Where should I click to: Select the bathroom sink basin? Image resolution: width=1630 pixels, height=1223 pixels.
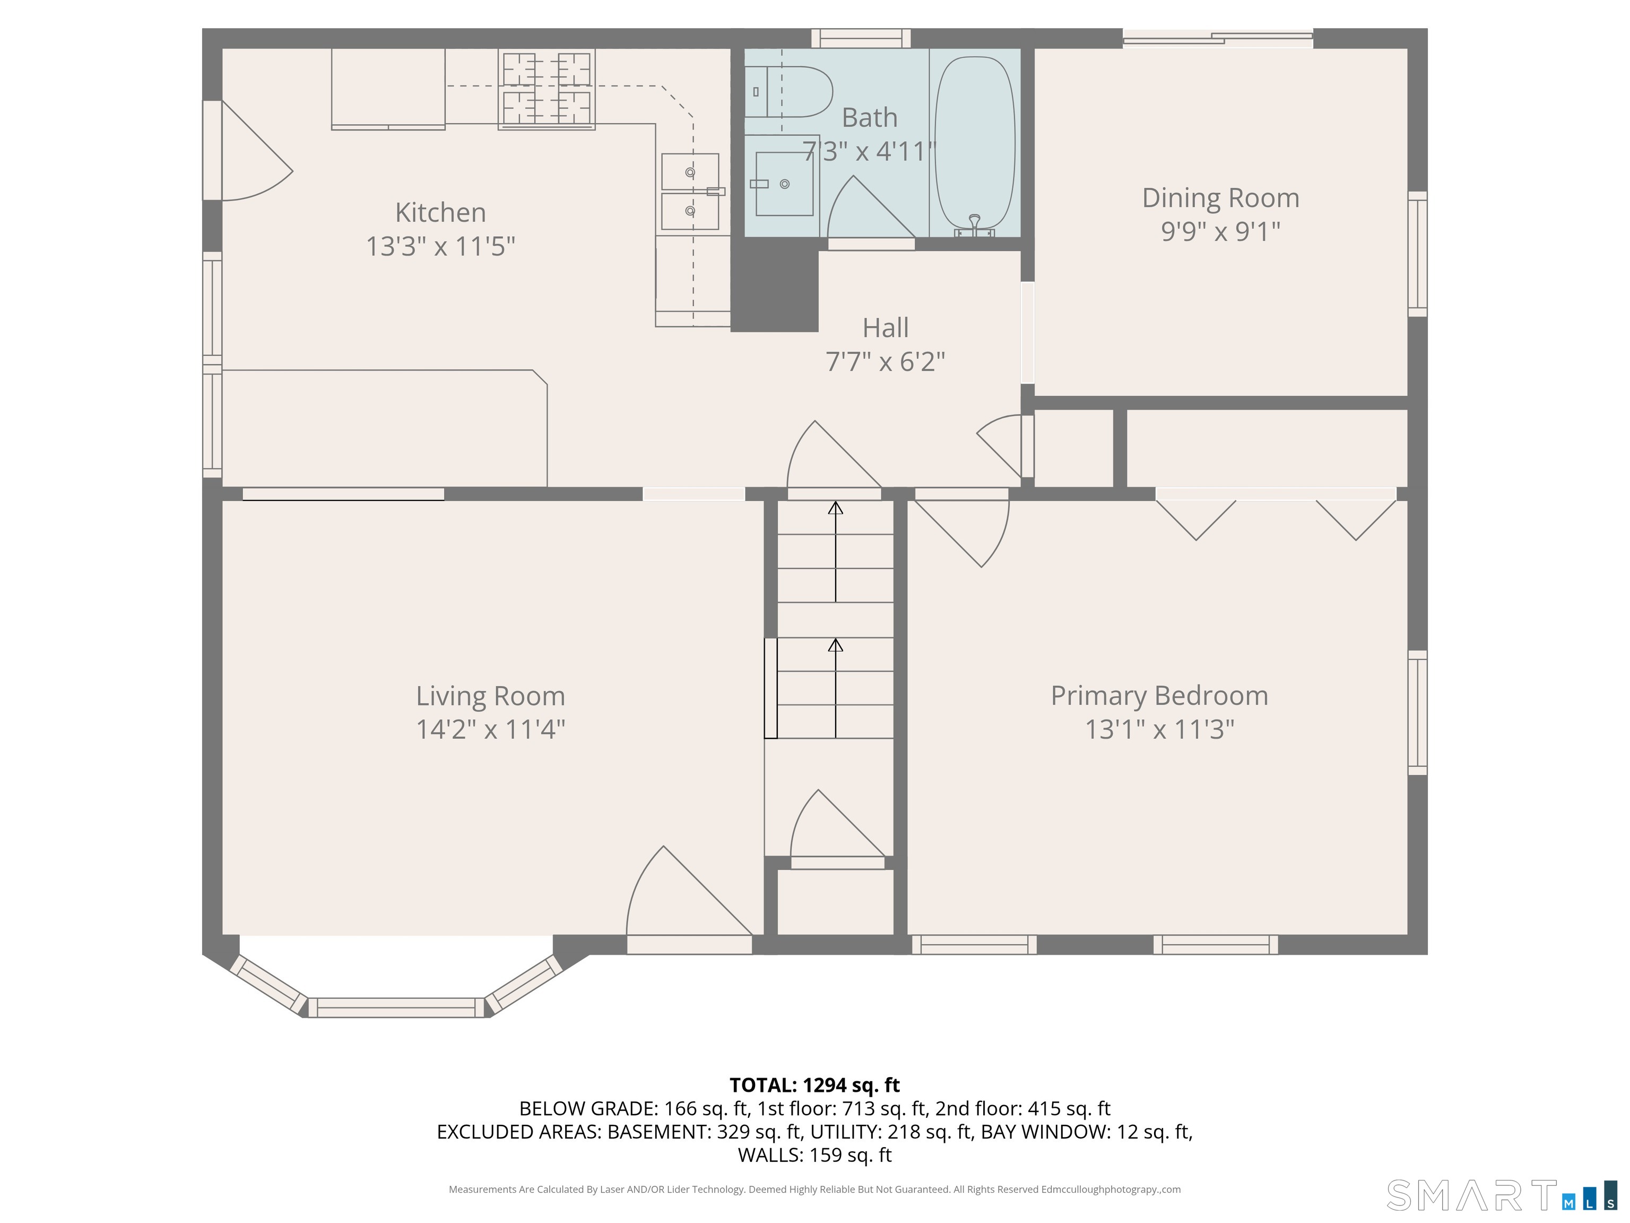[784, 184]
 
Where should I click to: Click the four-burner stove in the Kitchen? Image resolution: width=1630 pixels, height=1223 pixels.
[546, 89]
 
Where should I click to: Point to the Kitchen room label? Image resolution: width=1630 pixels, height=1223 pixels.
[440, 212]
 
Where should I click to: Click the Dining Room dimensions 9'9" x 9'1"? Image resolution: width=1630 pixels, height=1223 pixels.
[1220, 231]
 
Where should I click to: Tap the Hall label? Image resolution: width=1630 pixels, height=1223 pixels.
[885, 328]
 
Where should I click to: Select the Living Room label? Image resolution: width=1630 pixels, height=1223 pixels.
[490, 696]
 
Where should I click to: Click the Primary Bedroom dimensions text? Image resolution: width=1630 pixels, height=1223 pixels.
[1159, 729]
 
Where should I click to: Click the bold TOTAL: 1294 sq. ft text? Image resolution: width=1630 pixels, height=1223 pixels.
[814, 1084]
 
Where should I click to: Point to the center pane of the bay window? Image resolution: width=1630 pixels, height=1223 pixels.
[396, 1007]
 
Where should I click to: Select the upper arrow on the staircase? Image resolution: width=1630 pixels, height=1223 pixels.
[835, 552]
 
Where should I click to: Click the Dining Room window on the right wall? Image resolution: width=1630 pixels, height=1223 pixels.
[1418, 254]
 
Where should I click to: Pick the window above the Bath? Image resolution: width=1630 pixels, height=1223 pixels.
[861, 38]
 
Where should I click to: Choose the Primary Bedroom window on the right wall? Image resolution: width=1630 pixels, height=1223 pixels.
[1418, 713]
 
